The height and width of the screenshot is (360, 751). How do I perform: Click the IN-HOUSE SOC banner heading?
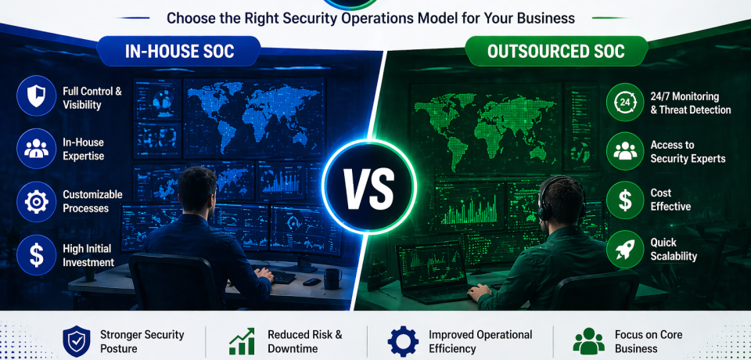[x=180, y=52]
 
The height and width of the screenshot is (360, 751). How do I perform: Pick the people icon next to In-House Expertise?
[x=36, y=149]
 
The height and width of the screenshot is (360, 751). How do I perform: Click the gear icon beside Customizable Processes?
[x=36, y=202]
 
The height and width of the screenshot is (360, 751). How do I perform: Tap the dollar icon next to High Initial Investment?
[x=36, y=254]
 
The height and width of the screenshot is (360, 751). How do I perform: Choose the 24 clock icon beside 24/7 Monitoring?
[x=625, y=103]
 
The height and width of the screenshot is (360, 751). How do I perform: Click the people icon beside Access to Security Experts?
[x=625, y=152]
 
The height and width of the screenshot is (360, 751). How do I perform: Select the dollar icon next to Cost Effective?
[x=625, y=200]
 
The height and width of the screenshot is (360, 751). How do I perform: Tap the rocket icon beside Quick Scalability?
[x=625, y=249]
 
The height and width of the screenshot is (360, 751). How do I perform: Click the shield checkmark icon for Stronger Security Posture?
[x=76, y=341]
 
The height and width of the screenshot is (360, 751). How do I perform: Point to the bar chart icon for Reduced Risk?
[x=243, y=341]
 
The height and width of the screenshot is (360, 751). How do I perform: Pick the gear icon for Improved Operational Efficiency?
[x=404, y=341]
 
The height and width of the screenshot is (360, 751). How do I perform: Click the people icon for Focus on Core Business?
[x=588, y=341]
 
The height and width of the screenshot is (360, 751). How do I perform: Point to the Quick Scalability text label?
[x=674, y=249]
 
